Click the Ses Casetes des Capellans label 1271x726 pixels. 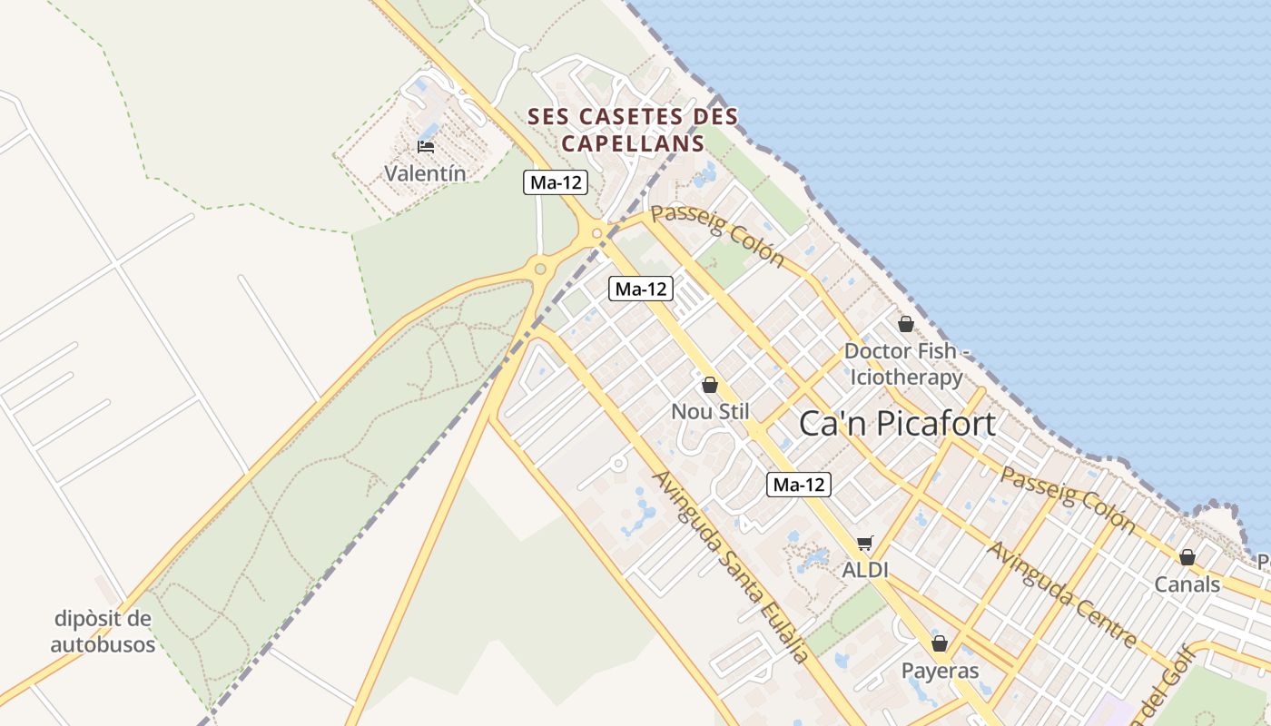tap(633, 130)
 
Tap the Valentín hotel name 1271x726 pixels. tap(425, 172)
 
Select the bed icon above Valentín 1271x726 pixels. tap(425, 146)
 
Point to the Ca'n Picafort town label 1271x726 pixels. tap(897, 424)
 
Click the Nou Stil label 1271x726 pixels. tap(710, 411)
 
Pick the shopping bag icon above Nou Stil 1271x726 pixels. tap(710, 385)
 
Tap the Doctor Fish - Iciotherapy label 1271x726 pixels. tap(903, 364)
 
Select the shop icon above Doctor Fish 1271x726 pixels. tap(905, 324)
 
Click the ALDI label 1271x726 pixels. tap(865, 570)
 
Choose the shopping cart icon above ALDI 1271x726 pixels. tap(865, 544)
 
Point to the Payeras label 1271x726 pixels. tap(940, 671)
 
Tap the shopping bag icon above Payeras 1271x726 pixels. tap(940, 643)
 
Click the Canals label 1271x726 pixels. tap(1187, 584)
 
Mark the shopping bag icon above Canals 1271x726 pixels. tap(1187, 557)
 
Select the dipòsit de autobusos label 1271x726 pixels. tap(103, 632)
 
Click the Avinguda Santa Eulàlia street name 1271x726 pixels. tap(730, 566)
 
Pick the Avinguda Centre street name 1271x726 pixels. tap(1063, 594)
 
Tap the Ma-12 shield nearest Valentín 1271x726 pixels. tap(556, 182)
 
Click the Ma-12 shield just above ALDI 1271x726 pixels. tap(799, 485)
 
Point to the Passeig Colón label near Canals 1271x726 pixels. tap(1068, 499)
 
